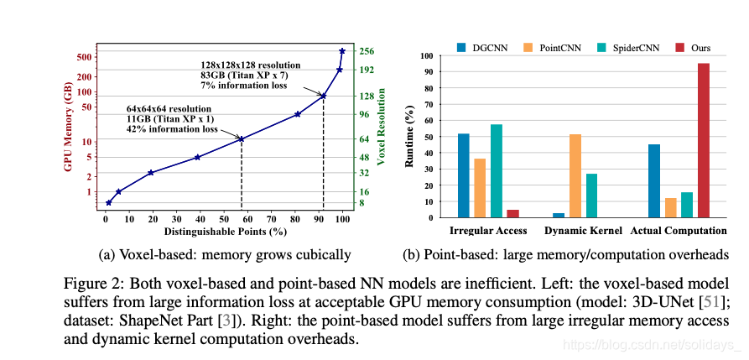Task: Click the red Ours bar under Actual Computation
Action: click(x=703, y=140)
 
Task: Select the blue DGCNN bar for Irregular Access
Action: click(x=464, y=175)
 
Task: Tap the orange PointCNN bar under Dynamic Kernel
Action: click(x=575, y=175)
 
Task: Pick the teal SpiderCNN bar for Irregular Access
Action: click(x=497, y=171)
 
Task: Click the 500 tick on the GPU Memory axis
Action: click(x=84, y=56)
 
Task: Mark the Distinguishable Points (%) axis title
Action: click(x=226, y=231)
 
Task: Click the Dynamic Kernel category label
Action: click(x=584, y=231)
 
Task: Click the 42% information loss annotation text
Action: click(x=172, y=130)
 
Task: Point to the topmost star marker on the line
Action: click(x=342, y=51)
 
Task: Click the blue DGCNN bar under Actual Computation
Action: click(x=654, y=181)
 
